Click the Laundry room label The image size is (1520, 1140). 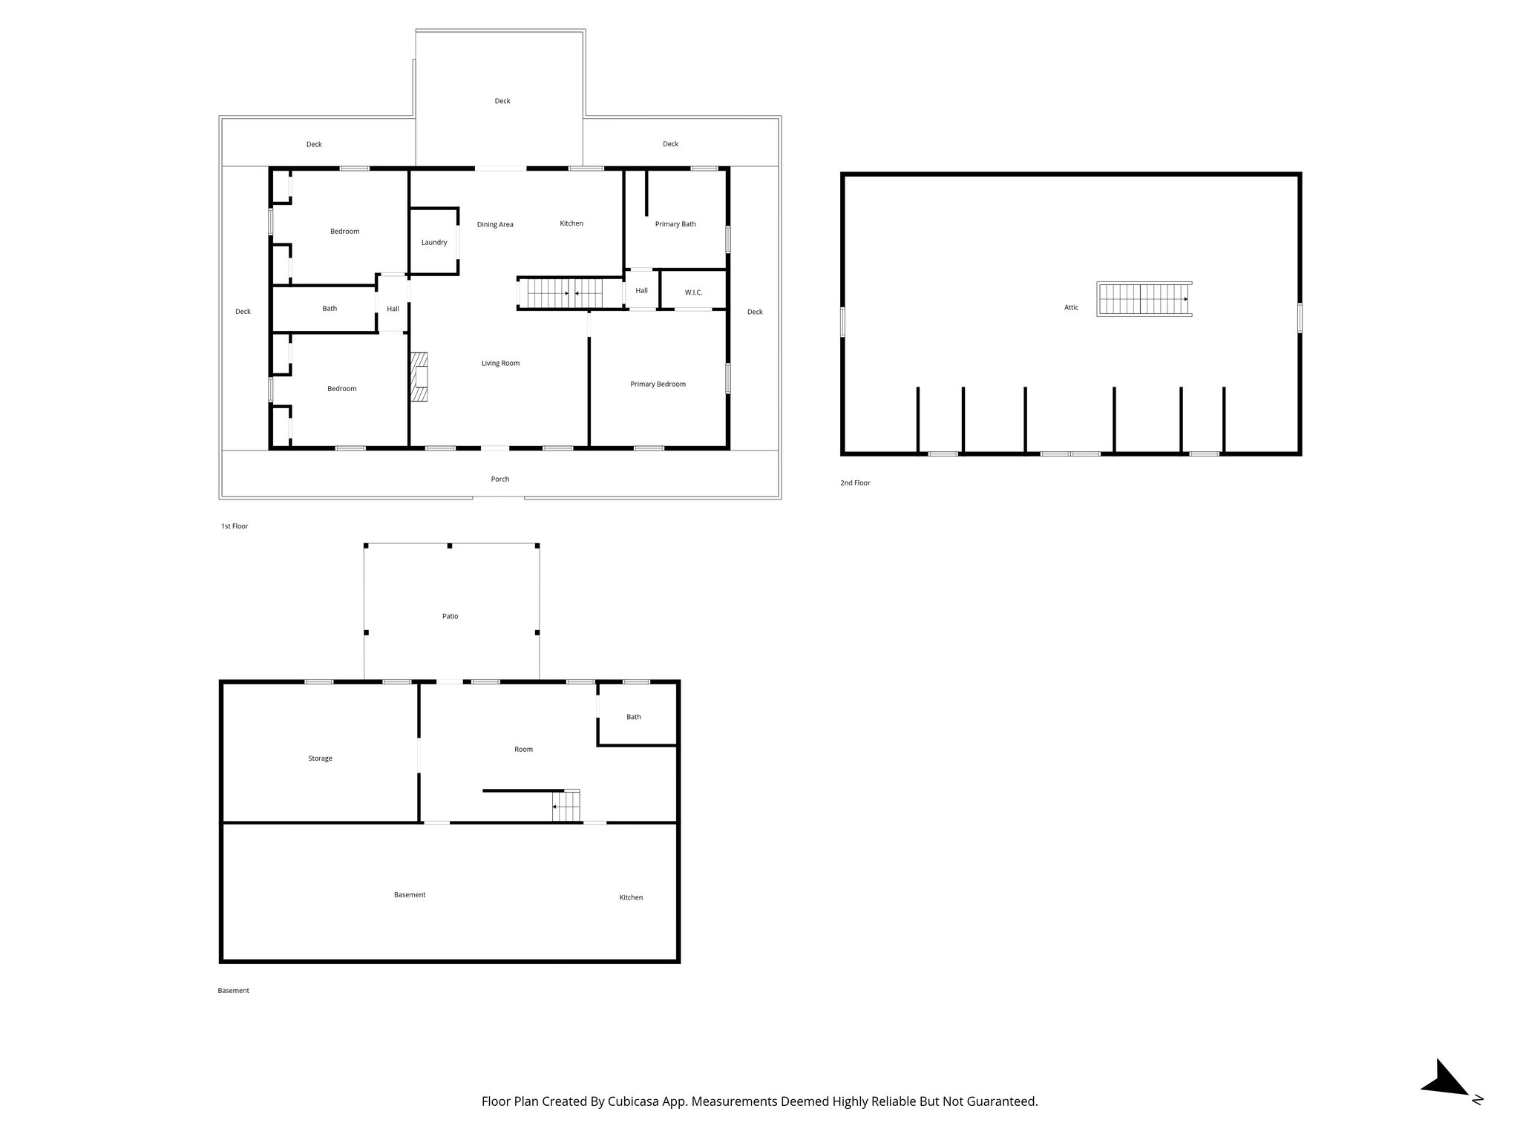(x=434, y=243)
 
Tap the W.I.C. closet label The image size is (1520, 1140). (x=693, y=292)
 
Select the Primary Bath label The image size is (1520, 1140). (x=675, y=224)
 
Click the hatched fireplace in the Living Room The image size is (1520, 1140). (x=421, y=377)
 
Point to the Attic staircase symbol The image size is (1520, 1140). (x=1144, y=299)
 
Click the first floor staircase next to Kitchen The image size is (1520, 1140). (x=570, y=293)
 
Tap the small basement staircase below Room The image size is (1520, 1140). (x=566, y=806)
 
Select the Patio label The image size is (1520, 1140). (x=450, y=616)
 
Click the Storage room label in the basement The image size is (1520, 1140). (x=320, y=759)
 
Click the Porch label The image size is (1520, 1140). (x=499, y=479)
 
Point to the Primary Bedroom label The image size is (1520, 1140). (x=658, y=384)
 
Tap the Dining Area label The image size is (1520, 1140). (x=495, y=225)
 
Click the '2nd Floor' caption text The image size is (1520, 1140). (x=855, y=483)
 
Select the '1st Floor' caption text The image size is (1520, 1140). (x=235, y=526)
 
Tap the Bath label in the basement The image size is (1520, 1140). (x=633, y=717)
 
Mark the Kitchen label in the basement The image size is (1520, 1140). (x=631, y=897)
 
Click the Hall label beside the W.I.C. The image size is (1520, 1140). (x=641, y=291)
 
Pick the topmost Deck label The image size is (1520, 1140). (x=502, y=101)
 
